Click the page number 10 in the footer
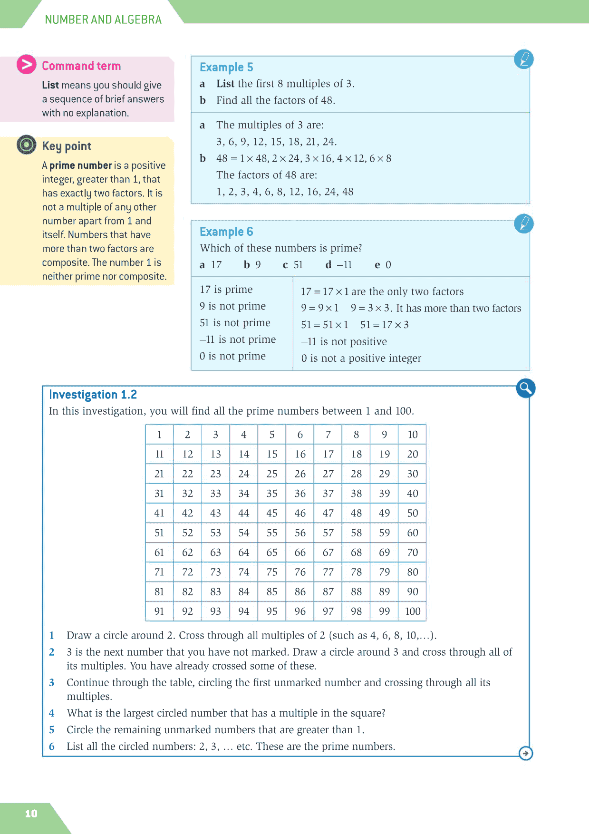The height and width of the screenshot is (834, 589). tap(31, 814)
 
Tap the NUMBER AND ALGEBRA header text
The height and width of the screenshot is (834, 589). tap(103, 19)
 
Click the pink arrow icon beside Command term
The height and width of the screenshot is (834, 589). tap(27, 65)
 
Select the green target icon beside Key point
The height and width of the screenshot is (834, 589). tap(27, 145)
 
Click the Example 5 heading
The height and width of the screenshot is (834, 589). tap(226, 67)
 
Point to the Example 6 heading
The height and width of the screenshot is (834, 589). tap(226, 232)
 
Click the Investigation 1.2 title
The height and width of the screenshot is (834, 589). tap(93, 395)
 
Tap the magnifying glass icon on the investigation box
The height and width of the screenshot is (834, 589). tap(526, 388)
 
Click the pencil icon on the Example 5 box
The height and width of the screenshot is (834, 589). tap(524, 59)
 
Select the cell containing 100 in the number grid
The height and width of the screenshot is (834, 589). tap(412, 611)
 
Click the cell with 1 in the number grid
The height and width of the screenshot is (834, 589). tap(159, 434)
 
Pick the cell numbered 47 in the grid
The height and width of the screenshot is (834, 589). tap(328, 513)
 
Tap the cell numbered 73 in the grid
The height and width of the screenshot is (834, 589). tap(215, 572)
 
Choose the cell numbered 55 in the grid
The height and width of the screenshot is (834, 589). tap(272, 533)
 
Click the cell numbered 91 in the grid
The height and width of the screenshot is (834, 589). tap(159, 611)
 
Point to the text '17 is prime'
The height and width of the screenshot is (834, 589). tap(226, 290)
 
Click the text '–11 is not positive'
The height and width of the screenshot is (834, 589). tap(344, 341)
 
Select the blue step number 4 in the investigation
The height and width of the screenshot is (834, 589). tap(52, 713)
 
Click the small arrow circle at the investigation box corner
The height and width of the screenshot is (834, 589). tap(526, 753)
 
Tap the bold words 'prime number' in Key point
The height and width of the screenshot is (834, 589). tap(80, 165)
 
